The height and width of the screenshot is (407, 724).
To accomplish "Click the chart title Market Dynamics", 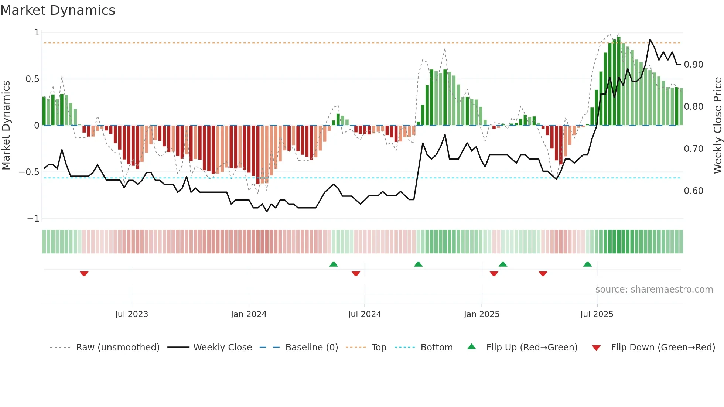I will click(x=58, y=10).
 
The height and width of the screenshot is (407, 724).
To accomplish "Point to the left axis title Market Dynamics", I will click(x=6, y=125).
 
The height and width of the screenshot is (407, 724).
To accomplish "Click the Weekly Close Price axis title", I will click(x=717, y=125).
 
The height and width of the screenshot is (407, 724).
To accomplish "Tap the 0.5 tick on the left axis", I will click(x=32, y=79).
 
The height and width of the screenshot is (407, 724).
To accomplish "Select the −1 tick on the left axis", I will click(x=33, y=219).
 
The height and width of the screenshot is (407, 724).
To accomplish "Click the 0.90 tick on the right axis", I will click(x=693, y=65).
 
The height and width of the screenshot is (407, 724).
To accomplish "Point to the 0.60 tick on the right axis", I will click(x=693, y=191).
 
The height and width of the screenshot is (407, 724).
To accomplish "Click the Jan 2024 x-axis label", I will click(x=249, y=314).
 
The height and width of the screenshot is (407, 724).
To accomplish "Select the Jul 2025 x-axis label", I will click(x=597, y=314).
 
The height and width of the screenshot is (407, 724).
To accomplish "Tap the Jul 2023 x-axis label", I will click(x=132, y=314).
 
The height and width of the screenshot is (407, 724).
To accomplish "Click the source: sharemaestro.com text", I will click(x=654, y=290).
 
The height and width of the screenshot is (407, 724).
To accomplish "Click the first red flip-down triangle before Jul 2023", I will click(x=84, y=274).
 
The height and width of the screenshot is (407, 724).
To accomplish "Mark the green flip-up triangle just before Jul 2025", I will click(x=587, y=264).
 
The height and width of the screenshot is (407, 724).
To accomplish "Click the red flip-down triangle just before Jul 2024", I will click(x=356, y=274).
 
